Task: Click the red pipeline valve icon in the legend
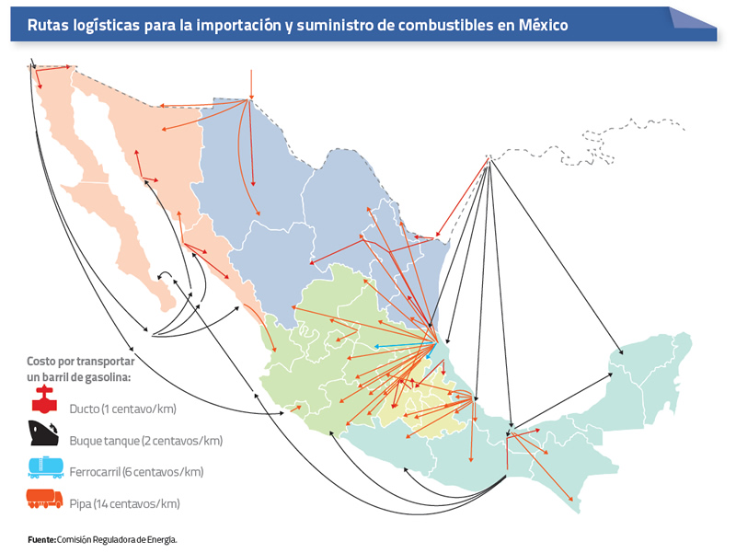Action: tap(43, 400)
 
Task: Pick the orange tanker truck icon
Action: tap(44, 499)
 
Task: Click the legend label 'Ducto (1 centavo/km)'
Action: tap(122, 409)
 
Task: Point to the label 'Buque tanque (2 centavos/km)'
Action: tap(145, 441)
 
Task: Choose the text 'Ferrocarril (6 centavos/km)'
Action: tap(136, 472)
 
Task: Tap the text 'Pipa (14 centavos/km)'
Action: tap(124, 503)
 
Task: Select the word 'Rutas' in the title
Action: tap(50, 25)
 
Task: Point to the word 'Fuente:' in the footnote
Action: tap(41, 539)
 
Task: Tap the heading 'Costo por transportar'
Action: tap(80, 362)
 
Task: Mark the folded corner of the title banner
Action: tap(694, 17)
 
